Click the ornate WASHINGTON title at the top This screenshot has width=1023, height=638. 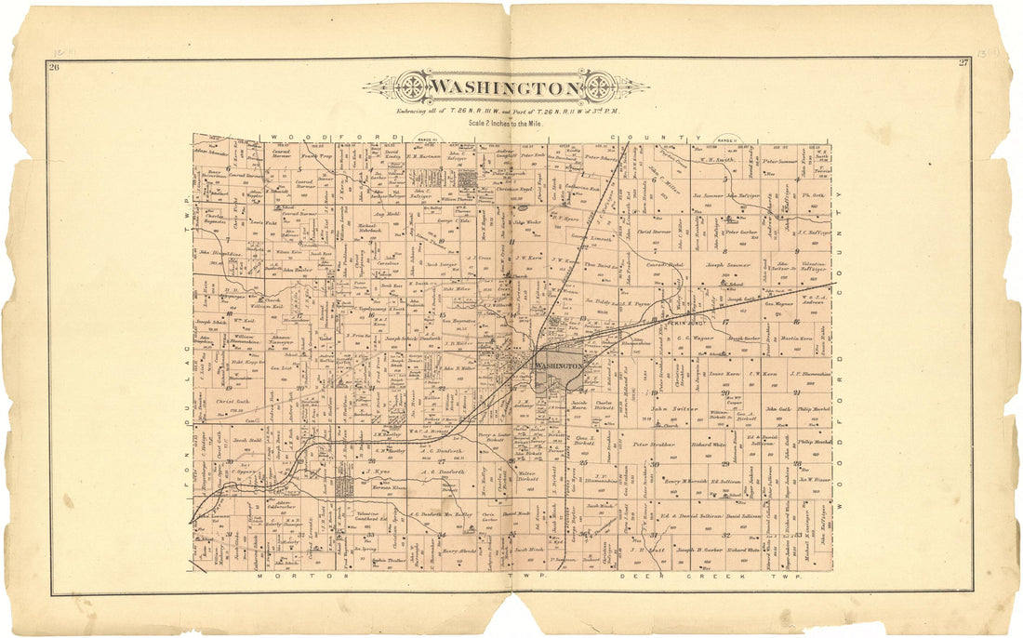tap(506, 88)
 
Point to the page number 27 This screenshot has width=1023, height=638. tap(963, 63)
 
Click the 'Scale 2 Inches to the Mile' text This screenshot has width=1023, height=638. tap(506, 122)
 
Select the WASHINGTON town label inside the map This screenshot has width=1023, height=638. tap(558, 366)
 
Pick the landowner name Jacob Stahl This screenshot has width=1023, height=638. tap(246, 439)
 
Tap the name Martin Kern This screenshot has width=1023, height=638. tap(796, 339)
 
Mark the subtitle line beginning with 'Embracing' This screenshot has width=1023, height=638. tap(506, 111)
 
